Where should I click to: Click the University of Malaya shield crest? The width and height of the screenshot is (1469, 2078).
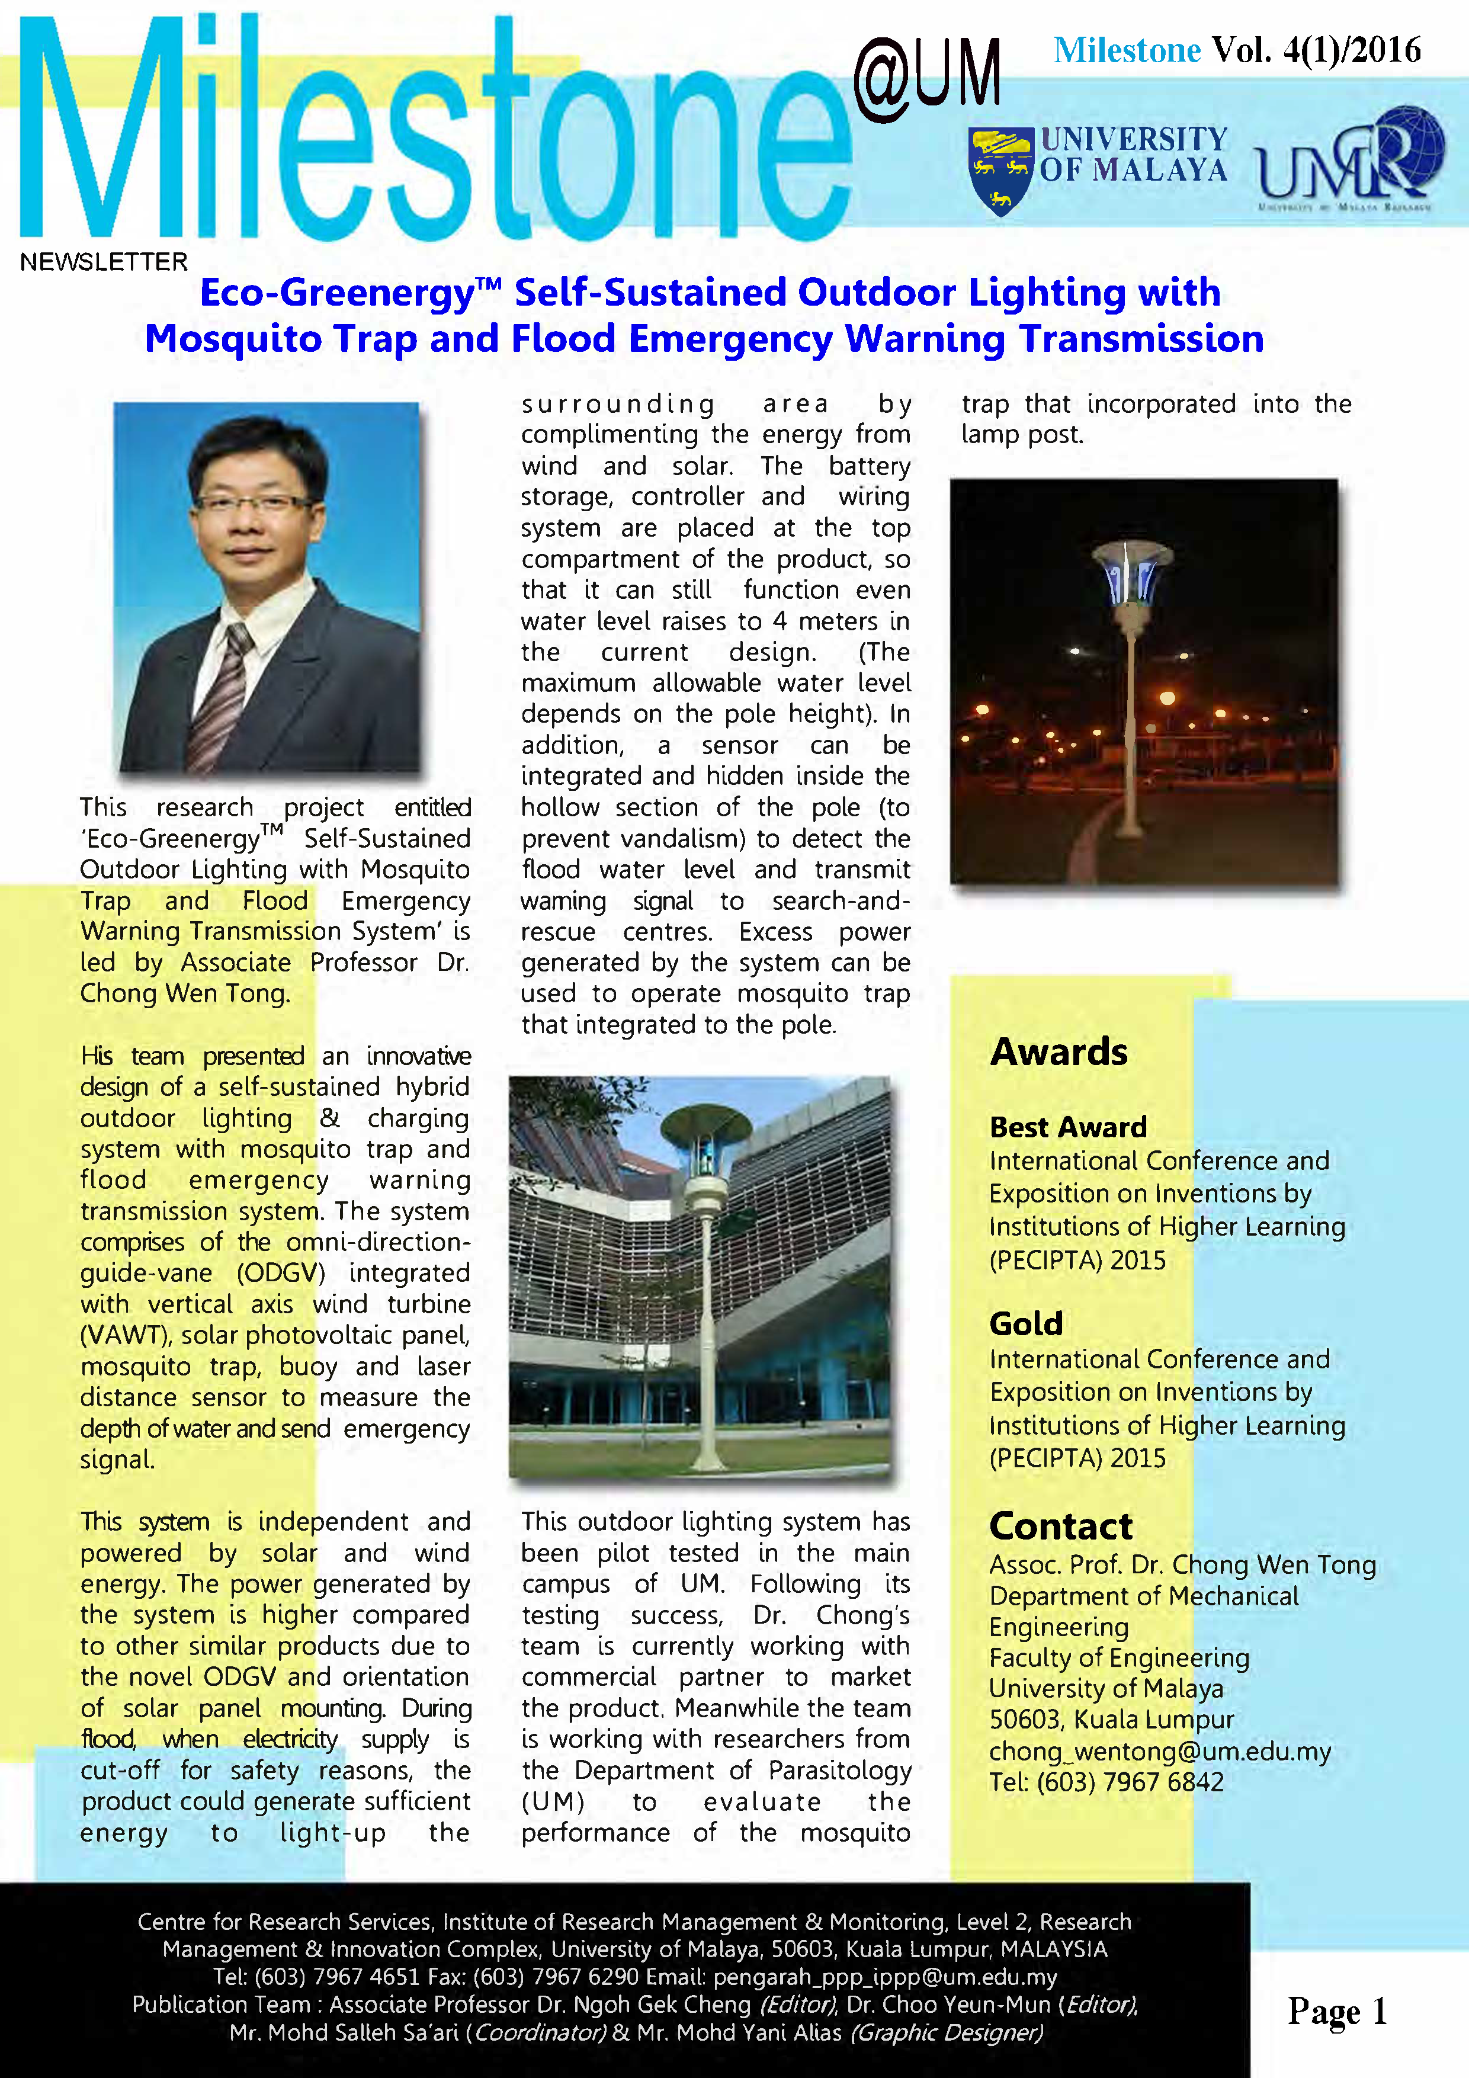coord(1000,170)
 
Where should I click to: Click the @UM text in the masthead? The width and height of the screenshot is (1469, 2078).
coord(927,78)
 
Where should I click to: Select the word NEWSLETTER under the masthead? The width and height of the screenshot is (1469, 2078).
coord(104,262)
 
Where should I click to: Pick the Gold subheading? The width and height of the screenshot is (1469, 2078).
coord(1025,1324)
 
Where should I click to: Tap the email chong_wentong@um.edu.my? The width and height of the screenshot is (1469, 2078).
coord(1159,1751)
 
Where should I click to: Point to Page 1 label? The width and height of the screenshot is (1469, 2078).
coord(1337,2011)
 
